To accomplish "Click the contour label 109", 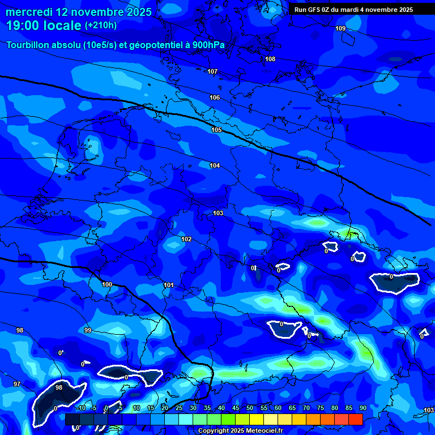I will tap(340, 28).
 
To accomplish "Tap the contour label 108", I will tap(270, 59).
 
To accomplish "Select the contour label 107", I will tap(212, 71).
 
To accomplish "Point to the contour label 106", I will tap(215, 97).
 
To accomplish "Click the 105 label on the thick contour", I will tap(216, 130).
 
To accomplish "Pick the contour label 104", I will tap(215, 165).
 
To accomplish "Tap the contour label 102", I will tap(186, 239).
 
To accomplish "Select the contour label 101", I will tap(168, 285).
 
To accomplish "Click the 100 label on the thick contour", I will tap(107, 284).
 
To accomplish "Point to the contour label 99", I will tap(88, 330).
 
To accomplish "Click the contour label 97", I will tap(17, 384).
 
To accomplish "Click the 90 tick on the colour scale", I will tap(362, 408).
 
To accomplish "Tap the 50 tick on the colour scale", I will tap(249, 408).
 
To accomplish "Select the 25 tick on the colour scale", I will tap(178, 408).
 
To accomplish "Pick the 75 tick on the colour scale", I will tap(320, 408).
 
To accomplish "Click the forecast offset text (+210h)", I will tap(101, 25).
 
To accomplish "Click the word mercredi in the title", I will tap(29, 12).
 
